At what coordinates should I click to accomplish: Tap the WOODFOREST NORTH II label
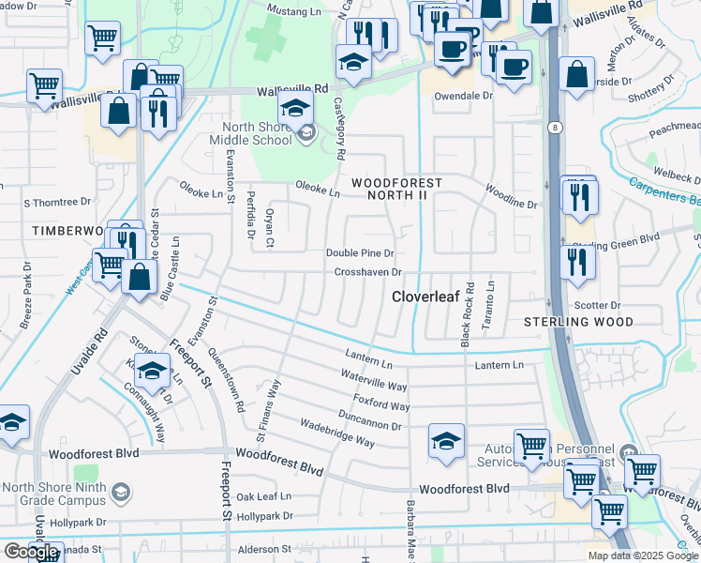[x=401, y=190]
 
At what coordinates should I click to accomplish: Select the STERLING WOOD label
[x=578, y=322]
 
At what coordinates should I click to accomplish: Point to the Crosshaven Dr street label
[x=368, y=272]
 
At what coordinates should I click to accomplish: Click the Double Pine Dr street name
[x=360, y=253]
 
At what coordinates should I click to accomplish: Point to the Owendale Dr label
[x=461, y=96]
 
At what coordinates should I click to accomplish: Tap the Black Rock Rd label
[x=468, y=315]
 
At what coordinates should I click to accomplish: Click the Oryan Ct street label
[x=270, y=228]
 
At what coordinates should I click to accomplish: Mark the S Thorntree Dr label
[x=57, y=202]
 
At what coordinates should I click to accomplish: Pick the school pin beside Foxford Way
[x=446, y=441]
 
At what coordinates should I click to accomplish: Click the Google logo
[x=32, y=553]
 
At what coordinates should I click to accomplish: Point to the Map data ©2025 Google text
[x=643, y=555]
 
